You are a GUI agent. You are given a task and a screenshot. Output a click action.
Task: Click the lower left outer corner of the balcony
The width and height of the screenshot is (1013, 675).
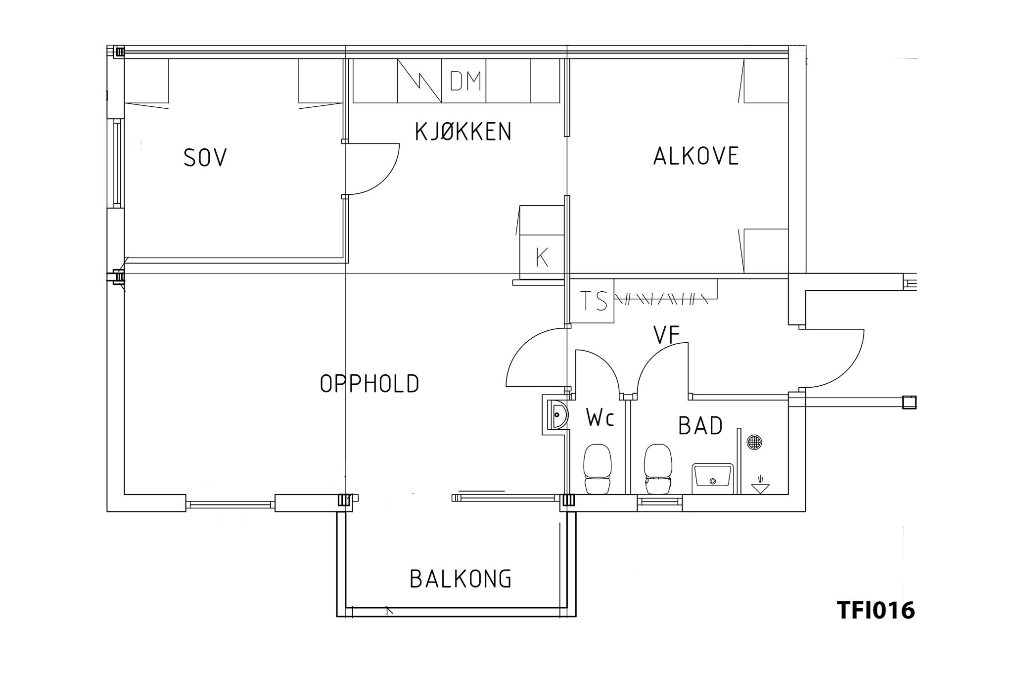click(x=337, y=617)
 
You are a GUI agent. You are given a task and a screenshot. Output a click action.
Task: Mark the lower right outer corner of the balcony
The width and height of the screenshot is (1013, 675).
click(x=576, y=617)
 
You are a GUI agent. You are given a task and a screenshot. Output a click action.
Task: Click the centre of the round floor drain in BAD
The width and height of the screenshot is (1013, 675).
click(x=754, y=442)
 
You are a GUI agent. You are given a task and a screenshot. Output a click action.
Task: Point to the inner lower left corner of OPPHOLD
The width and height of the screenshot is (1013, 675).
click(x=124, y=494)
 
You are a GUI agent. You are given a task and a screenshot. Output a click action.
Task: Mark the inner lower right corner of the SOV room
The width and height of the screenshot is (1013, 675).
click(x=342, y=257)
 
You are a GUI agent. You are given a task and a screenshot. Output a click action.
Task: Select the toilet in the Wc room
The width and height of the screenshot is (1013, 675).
click(x=597, y=469)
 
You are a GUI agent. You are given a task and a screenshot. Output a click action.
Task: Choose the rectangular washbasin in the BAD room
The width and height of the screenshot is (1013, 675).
click(x=713, y=478)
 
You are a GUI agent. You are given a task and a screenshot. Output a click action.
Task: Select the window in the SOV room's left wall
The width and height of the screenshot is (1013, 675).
click(x=117, y=164)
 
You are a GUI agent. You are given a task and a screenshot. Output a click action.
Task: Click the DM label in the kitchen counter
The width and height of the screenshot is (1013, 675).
click(x=465, y=82)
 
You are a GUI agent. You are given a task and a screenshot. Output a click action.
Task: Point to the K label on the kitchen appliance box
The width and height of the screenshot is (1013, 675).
click(x=542, y=257)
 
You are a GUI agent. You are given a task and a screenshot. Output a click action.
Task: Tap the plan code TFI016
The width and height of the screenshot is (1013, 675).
click(x=875, y=610)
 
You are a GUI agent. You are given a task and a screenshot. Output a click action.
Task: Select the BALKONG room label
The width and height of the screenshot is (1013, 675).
click(x=460, y=579)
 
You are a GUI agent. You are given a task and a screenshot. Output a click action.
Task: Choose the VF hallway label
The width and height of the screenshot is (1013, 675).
click(x=667, y=335)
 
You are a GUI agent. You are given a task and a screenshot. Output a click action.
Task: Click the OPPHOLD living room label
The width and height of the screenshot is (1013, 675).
click(x=369, y=384)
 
